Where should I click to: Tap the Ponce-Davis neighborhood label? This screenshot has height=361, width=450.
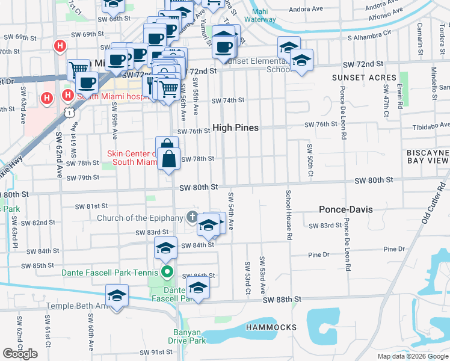(x=345, y=210)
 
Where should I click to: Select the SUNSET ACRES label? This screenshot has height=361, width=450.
(x=364, y=78)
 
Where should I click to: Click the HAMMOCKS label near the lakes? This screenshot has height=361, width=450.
(x=271, y=327)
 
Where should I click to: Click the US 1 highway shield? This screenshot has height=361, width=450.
(x=71, y=111)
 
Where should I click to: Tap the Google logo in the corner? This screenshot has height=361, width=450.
(x=20, y=354)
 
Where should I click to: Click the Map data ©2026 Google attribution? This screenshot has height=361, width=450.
(x=413, y=356)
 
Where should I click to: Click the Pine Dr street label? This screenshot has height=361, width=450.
(x=394, y=249)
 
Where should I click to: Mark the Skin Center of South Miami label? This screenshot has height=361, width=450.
(x=132, y=158)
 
